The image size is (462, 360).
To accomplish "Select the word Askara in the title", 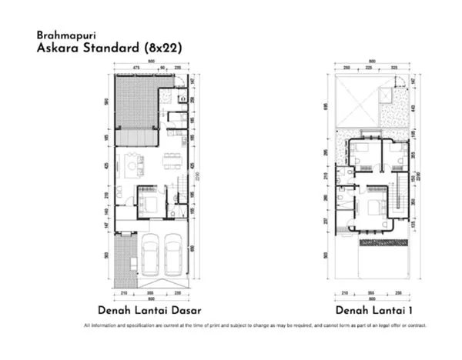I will point(55,47).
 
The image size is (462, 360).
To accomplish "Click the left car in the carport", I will point(150,254).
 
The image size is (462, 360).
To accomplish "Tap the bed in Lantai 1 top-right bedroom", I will point(395,158).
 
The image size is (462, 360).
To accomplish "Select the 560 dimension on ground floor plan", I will point(108,102).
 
